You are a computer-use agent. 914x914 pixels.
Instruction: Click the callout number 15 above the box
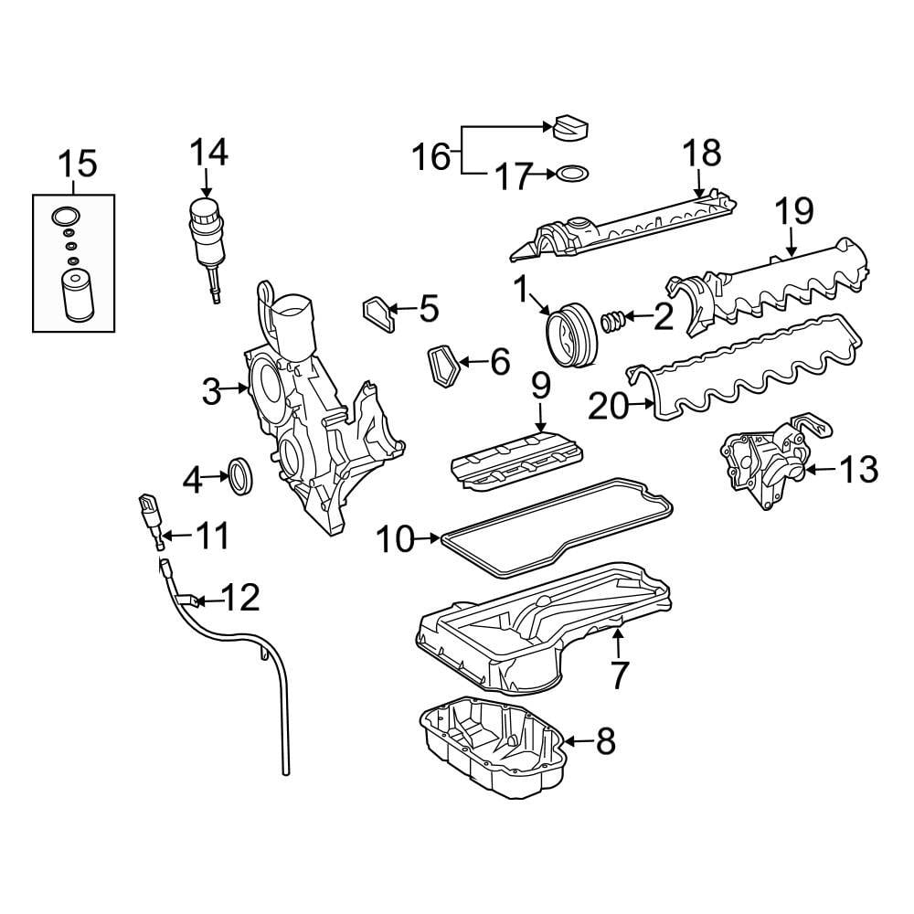tap(77, 165)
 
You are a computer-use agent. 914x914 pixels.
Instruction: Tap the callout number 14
tap(209, 151)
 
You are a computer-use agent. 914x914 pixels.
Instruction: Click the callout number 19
tap(794, 211)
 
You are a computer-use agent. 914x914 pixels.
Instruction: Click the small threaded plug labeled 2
tap(612, 320)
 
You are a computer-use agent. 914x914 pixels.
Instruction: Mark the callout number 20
tap(610, 407)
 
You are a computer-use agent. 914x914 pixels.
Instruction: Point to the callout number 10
tap(397, 540)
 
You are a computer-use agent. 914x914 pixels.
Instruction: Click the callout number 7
tap(619, 675)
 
